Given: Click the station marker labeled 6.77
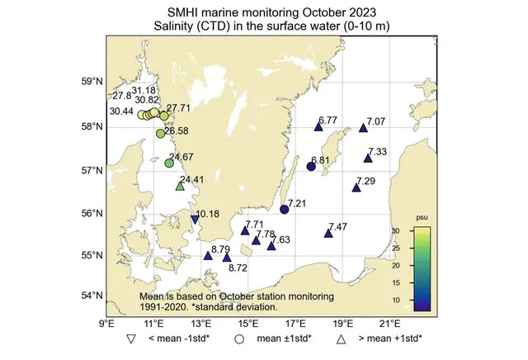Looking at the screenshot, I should coord(318,126).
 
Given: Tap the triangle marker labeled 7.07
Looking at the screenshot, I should coord(364,128).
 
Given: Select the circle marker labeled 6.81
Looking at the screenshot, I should coord(311,167).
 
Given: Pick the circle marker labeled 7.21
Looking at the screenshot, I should coord(285,210).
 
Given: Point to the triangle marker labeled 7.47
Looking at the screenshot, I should coord(328,234).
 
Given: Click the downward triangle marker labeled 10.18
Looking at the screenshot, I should coord(195,219).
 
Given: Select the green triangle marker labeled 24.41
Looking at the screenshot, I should coord(180,187).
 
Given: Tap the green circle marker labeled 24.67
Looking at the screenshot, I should coord(169,163).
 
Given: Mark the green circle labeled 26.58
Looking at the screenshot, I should coord(161,134).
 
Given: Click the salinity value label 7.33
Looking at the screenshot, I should coord(377,152).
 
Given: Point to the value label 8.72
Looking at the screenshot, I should coord(238,268).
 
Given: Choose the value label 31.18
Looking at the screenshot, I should coord(144,90).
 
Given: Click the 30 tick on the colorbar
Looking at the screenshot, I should coord(418,231).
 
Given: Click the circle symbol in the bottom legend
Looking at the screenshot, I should coord(240,339).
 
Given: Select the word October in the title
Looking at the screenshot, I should coord(307,12).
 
